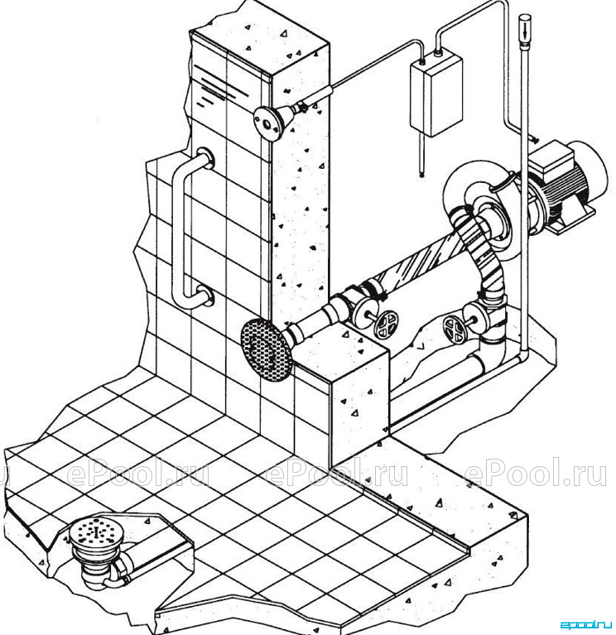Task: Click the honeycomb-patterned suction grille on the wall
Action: point(266,349)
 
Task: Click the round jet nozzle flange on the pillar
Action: point(267,123)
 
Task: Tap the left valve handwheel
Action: point(386,325)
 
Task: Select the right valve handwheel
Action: point(455,330)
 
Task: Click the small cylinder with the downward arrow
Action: point(524,29)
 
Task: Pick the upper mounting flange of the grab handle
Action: point(206,158)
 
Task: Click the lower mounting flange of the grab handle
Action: point(205,296)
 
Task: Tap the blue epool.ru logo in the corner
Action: point(585,624)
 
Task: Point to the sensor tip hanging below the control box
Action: point(422,175)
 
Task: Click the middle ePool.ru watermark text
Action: point(336,472)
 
